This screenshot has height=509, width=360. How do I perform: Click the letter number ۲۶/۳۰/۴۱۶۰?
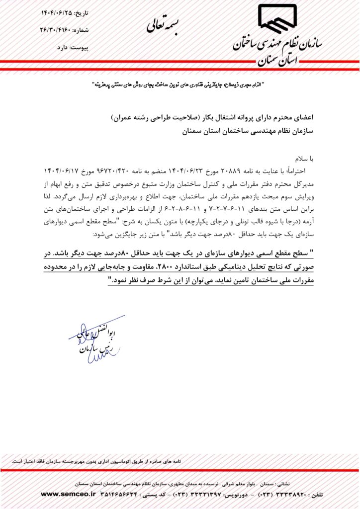(x=58, y=30)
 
